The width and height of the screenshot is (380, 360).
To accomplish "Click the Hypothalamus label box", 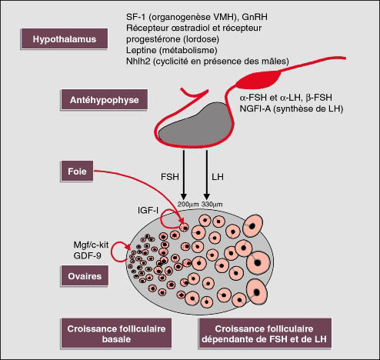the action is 64,38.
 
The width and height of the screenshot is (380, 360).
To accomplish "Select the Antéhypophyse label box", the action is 104,100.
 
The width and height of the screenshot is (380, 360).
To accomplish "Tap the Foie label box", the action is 77,172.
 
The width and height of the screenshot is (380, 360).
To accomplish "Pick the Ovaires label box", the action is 85,276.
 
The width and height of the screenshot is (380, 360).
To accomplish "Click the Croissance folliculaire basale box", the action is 116,334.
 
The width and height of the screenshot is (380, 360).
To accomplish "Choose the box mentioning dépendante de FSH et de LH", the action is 264,334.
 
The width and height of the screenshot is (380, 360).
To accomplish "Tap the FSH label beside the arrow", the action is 170,177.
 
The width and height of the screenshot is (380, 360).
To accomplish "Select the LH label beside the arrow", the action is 218,177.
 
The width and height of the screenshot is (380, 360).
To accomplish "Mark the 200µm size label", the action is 188,205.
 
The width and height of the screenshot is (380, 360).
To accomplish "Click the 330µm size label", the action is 212,205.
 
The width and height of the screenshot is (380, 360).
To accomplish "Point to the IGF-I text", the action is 148,211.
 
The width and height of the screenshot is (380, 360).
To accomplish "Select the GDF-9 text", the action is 87,255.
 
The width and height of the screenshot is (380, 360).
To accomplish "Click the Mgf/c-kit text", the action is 91,245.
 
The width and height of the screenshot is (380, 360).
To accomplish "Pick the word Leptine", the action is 142,50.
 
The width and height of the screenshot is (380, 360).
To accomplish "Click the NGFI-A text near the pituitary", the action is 255,108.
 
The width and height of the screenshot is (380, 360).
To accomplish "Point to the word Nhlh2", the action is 138,62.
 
